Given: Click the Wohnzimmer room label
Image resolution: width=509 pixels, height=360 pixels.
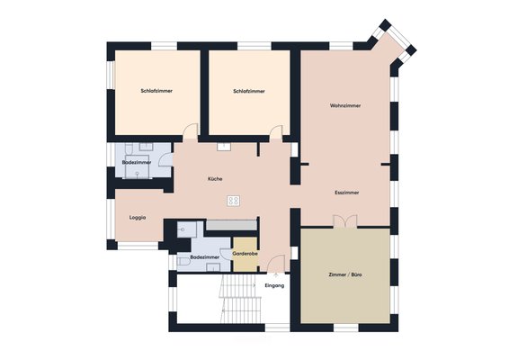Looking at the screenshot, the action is (x=345, y=105).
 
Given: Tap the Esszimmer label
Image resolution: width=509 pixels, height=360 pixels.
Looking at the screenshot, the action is (x=347, y=193).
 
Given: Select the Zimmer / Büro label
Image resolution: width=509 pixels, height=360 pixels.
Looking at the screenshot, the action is (x=345, y=274).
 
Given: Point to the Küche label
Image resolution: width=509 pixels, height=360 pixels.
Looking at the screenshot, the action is (x=215, y=179).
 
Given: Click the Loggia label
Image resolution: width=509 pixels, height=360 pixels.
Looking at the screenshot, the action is (x=138, y=218).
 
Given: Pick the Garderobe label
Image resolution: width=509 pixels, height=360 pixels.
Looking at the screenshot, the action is (x=246, y=254).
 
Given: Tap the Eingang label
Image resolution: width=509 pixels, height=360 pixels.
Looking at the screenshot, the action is (x=274, y=286).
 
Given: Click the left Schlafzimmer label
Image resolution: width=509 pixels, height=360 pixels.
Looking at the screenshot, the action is (x=156, y=91).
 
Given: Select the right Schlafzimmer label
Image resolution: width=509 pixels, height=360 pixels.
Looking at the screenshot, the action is (x=249, y=91).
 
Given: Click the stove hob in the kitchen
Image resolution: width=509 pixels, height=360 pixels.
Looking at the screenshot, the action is (x=233, y=201).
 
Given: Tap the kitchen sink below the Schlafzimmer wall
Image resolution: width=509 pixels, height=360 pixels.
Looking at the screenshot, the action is (x=224, y=146).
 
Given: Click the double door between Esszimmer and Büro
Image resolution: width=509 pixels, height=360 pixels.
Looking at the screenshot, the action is (x=345, y=220).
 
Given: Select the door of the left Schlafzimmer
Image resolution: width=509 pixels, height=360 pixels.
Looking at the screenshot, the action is (x=191, y=130).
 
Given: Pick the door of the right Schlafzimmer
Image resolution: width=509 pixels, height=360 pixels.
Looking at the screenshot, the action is (x=276, y=132).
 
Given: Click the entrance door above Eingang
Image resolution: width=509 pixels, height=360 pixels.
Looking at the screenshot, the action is (x=276, y=263).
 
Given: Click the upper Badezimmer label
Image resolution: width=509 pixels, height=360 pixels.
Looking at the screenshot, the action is (x=137, y=163).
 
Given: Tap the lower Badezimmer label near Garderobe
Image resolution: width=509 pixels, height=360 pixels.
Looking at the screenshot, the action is (x=204, y=257).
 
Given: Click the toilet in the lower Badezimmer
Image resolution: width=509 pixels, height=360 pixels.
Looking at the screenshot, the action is (x=183, y=262).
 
